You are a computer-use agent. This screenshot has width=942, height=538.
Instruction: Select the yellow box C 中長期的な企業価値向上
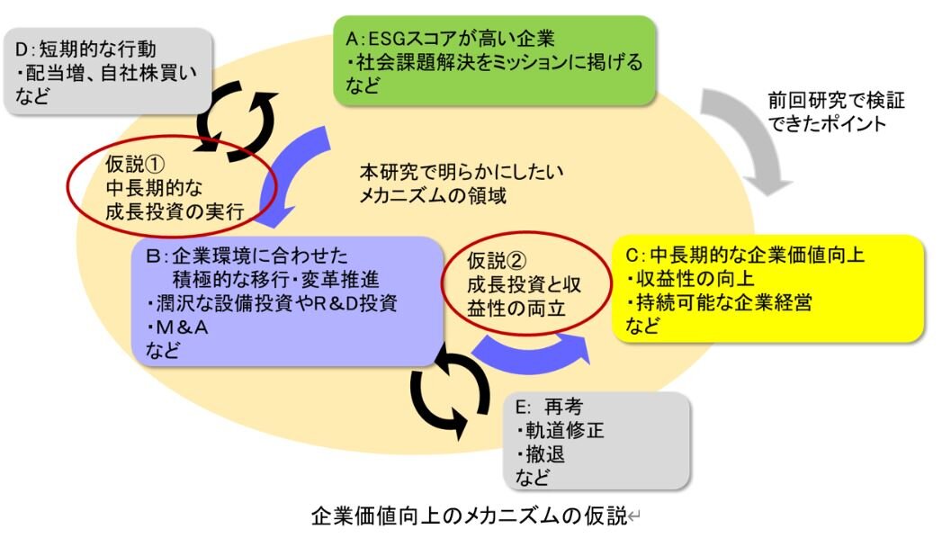point(767,288)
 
